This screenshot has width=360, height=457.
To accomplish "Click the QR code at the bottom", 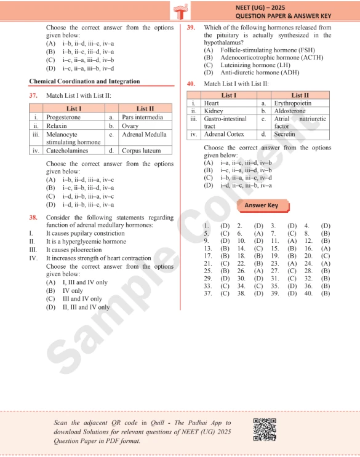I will click(x=264, y=429).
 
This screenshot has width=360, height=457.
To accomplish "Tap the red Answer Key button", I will click(x=261, y=205).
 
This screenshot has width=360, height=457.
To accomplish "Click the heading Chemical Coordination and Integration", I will click(x=84, y=81).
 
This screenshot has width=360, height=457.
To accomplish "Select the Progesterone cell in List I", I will click(x=63, y=117).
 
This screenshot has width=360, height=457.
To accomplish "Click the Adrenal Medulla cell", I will click(x=144, y=134).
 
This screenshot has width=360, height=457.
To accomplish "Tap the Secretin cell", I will click(x=284, y=134).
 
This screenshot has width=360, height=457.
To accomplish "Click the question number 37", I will click(x=33, y=96).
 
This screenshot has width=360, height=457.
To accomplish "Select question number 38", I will click(x=33, y=218).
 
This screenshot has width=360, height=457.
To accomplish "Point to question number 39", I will click(x=191, y=28).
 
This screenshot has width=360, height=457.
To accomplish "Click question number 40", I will click(x=191, y=83).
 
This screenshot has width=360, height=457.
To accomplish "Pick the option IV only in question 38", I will click(x=72, y=291).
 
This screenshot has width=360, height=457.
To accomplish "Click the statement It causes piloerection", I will click(x=73, y=250).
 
